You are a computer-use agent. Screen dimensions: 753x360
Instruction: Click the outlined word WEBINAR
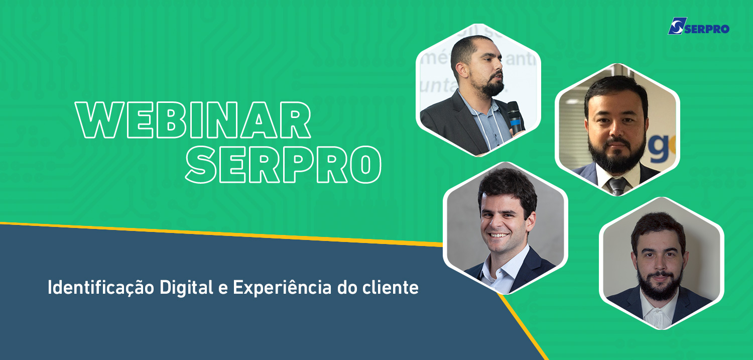coord(193,120)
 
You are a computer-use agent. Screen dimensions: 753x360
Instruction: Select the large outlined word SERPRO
coord(284,164)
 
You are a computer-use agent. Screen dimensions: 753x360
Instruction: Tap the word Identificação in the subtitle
coord(100,288)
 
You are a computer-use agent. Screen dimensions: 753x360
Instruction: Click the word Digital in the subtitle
coord(186,288)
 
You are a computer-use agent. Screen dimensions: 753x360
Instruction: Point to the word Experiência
coord(282,288)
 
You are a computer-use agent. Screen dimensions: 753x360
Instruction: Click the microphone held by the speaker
coord(516,117)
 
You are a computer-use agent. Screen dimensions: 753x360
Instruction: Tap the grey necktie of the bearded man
coord(617,186)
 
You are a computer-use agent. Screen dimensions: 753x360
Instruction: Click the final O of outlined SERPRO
coord(366,164)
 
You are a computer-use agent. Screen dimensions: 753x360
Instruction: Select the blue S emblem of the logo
coord(676,26)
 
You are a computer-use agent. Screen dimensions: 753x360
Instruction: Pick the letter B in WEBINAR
coord(170,120)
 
